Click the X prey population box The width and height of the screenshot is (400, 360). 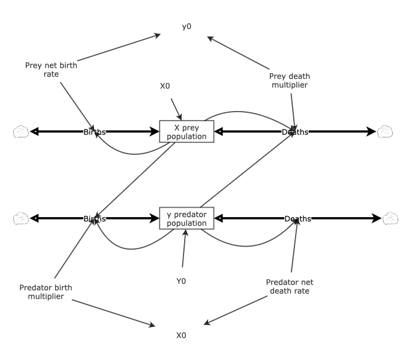(x=186, y=131)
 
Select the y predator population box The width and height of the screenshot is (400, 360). (x=186, y=218)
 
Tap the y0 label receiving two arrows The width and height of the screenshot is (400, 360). (x=187, y=26)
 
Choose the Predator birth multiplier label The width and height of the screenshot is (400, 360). (x=46, y=292)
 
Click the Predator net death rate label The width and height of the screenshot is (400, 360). (x=289, y=286)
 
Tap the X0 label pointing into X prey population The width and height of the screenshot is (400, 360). (x=165, y=86)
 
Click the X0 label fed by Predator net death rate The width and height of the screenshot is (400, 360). (x=181, y=335)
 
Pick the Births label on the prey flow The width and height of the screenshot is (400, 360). (x=95, y=132)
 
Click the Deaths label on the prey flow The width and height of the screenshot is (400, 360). (x=294, y=132)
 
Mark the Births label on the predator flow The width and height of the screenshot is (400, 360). (x=95, y=219)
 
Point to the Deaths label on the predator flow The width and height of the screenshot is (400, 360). (x=297, y=219)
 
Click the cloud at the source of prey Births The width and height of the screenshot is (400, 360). (x=20, y=131)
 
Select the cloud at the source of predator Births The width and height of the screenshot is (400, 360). (x=20, y=218)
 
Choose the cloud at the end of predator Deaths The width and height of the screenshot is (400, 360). (x=390, y=218)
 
